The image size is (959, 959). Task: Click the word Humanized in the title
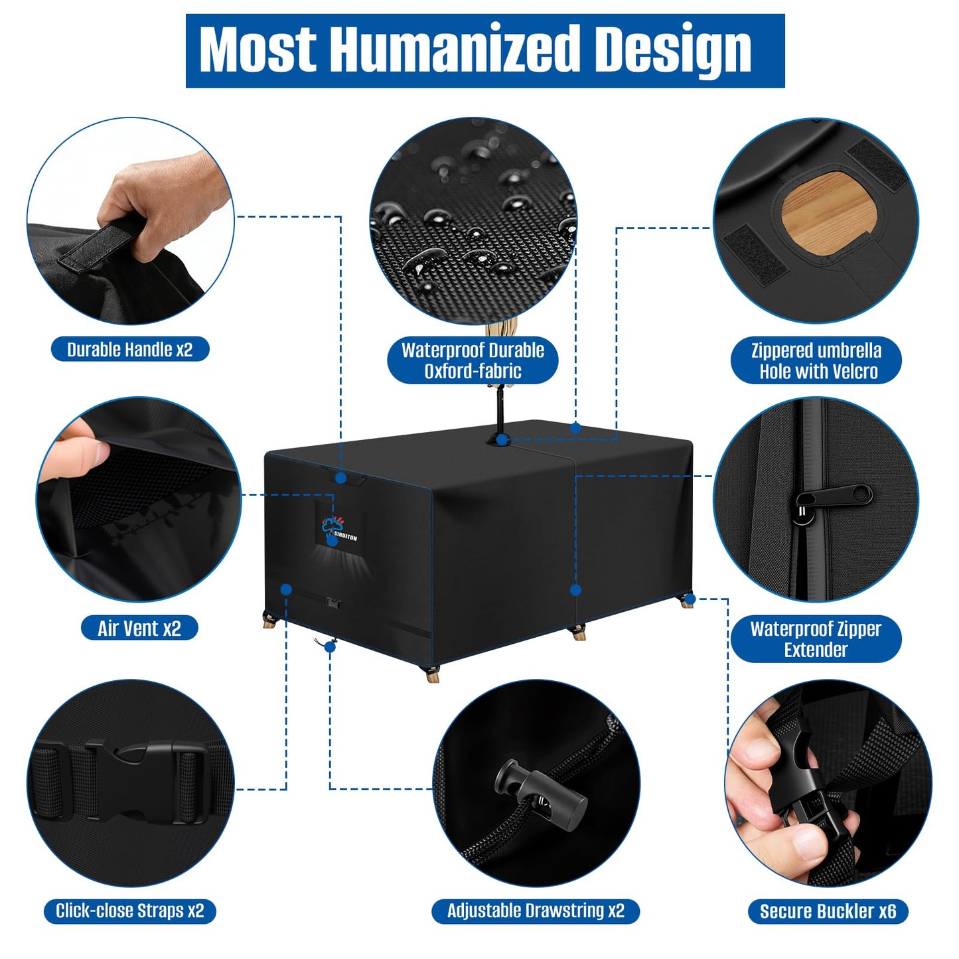455,50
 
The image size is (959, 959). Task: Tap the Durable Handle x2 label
130,349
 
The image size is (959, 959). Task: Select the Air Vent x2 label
139,628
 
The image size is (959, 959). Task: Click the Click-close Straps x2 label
130,911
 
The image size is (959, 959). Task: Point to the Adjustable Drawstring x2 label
536,911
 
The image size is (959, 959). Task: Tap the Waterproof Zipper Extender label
816,639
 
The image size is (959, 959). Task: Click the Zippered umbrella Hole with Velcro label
816,360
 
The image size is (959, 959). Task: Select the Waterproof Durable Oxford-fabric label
473,360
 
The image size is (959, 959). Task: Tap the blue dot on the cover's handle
341,479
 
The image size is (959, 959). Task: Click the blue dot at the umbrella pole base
502,439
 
